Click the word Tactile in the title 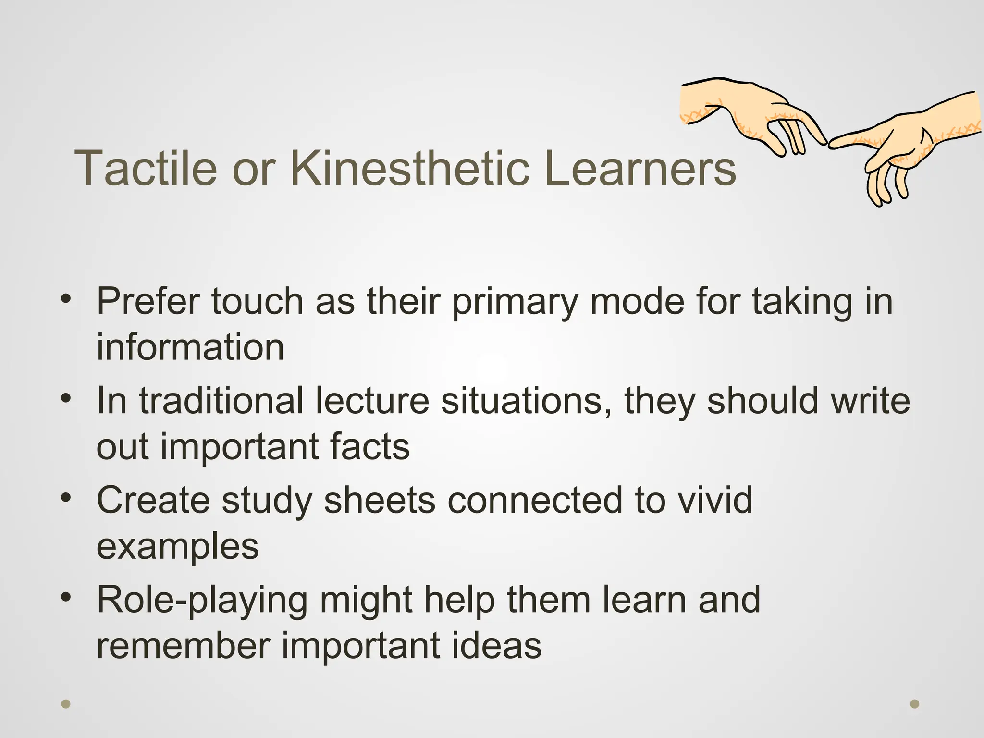146,168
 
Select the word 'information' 190,347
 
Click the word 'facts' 369,446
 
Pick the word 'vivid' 714,500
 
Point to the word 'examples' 177,547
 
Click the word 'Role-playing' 202,601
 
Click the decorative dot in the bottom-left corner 66,704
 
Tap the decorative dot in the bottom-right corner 915,704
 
